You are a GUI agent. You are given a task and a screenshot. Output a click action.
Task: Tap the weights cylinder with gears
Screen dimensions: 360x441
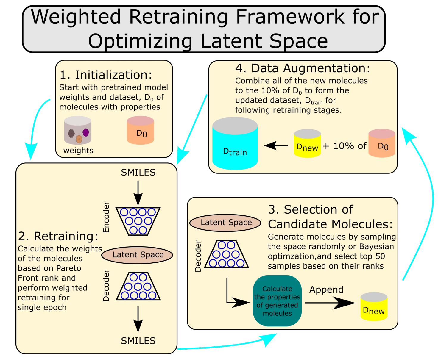pos(78,131)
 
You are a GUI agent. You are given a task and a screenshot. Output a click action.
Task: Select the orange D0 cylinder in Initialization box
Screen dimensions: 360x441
pos(140,131)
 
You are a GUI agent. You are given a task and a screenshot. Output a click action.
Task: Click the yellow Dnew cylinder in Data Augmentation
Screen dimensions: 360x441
pos(307,144)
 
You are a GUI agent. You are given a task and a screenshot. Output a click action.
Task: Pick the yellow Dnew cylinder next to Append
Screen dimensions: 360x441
pos(374,307)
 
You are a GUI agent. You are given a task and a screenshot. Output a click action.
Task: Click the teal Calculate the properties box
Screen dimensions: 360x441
pos(277,301)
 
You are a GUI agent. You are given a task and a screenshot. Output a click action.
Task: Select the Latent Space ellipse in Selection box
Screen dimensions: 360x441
pos(225,223)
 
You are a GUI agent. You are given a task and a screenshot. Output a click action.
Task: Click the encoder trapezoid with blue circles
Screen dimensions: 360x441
pos(138,221)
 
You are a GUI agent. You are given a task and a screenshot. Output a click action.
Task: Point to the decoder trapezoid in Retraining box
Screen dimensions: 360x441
pos(138,287)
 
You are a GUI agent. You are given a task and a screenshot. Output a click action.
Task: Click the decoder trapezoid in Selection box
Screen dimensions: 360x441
pos(226,254)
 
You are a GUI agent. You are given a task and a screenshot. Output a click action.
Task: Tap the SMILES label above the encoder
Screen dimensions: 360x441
pos(138,173)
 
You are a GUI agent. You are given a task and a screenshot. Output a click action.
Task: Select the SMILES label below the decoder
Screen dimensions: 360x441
pos(138,341)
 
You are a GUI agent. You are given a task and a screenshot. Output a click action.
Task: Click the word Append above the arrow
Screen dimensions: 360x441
pos(326,289)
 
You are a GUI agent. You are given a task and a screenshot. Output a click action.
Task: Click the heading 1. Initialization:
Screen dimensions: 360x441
pos(106,75)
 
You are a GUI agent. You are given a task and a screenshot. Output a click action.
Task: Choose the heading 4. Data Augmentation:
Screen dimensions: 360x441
pos(303,68)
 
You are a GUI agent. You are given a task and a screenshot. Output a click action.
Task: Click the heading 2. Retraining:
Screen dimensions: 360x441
pos(58,236)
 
